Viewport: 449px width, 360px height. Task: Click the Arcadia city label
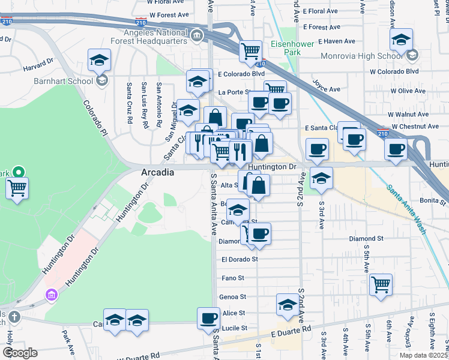pyautogui.click(x=157, y=173)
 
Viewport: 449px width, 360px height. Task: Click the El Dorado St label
pyautogui.click(x=239, y=260)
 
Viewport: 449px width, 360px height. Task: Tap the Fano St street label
pyautogui.click(x=233, y=278)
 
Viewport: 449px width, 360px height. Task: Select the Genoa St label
pyautogui.click(x=234, y=297)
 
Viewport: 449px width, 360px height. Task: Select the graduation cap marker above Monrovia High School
pyautogui.click(x=401, y=40)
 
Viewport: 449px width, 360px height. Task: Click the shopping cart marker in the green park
pyautogui.click(x=17, y=188)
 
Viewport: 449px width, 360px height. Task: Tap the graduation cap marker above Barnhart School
pyautogui.click(x=99, y=60)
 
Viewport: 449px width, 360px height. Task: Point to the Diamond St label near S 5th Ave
pyautogui.click(x=366, y=239)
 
